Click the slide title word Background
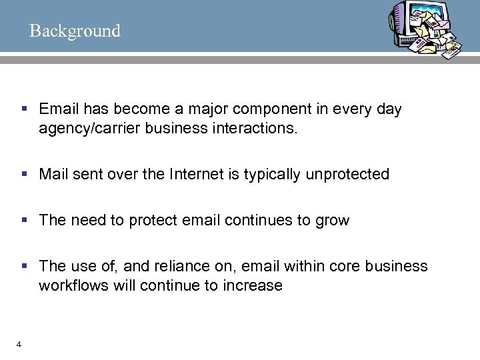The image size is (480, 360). click(75, 31)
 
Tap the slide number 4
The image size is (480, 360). click(19, 344)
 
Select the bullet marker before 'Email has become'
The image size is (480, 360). click(25, 109)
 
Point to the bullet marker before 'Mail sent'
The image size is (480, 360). click(25, 175)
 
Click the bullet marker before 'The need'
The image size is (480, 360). click(25, 221)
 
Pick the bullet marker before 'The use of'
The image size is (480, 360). click(25, 266)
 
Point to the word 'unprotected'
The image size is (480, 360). click(347, 175)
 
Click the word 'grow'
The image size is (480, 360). click(333, 221)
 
